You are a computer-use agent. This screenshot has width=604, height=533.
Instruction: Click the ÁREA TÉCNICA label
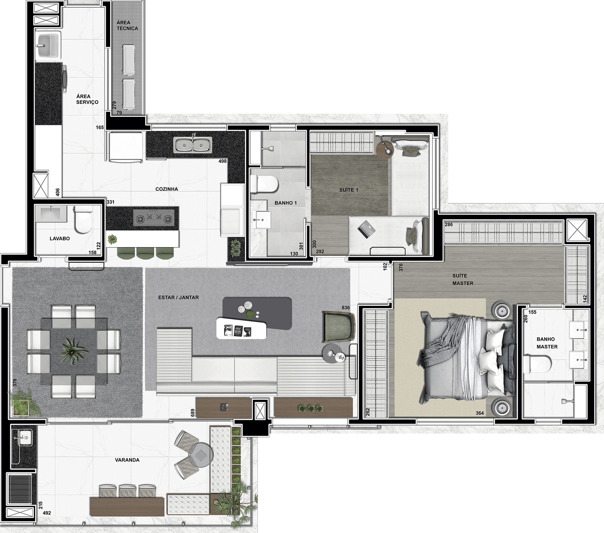[127, 25]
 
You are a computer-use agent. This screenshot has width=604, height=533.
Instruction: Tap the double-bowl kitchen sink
[193, 145]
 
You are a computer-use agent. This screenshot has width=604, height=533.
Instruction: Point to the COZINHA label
[167, 189]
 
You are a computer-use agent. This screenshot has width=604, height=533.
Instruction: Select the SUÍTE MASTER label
[463, 279]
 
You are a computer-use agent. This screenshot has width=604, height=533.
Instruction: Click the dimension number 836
[346, 308]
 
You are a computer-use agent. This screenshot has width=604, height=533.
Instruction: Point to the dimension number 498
[223, 161]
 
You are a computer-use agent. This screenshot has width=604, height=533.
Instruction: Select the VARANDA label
[127, 460]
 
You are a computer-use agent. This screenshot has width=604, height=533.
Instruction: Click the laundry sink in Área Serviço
[47, 46]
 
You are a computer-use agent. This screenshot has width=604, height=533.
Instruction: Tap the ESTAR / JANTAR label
[178, 297]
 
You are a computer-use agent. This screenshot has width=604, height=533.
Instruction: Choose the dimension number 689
[192, 413]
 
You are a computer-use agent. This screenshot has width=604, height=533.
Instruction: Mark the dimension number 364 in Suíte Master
[480, 413]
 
